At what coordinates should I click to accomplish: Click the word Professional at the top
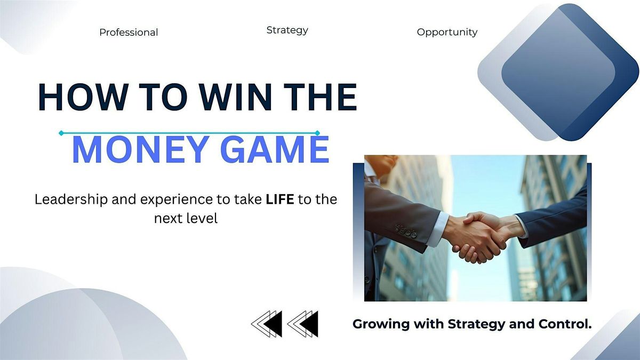129,33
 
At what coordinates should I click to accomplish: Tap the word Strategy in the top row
287,30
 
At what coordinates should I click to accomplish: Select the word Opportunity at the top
447,32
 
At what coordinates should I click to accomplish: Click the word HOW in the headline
83,97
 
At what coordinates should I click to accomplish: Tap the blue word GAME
275,149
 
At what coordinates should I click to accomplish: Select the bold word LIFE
279,199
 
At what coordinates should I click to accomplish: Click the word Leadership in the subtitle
71,199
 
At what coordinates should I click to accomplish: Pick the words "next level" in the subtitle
186,219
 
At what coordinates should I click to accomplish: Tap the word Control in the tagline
565,324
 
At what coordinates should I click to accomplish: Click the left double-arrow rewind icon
267,324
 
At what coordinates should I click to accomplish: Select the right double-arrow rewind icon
302,324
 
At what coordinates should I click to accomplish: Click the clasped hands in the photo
483,237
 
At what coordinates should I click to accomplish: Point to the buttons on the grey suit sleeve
406,231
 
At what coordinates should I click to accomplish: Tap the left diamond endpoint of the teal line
61,133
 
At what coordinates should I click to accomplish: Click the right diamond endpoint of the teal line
317,133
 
